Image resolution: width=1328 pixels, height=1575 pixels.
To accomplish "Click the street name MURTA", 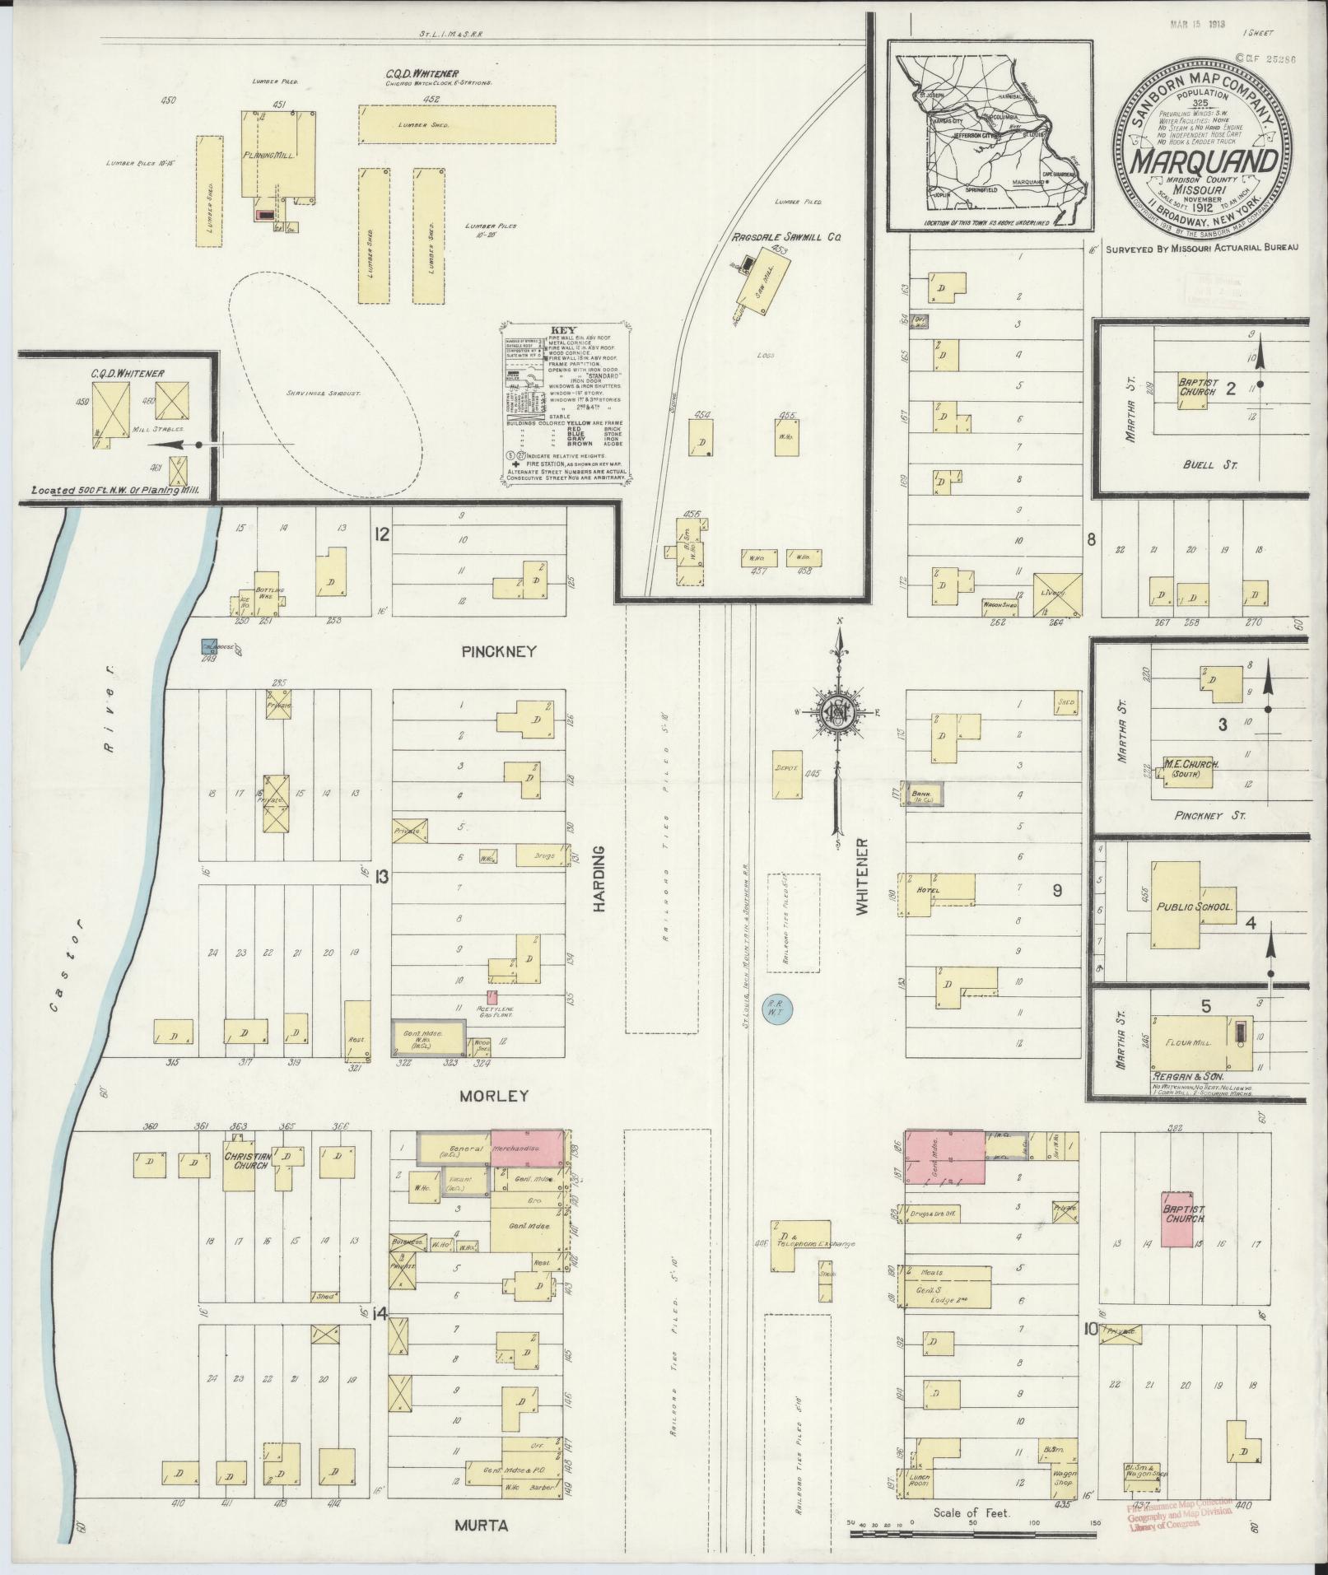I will pyautogui.click(x=482, y=1526).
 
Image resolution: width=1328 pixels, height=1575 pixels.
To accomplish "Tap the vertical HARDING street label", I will pyautogui.click(x=599, y=878).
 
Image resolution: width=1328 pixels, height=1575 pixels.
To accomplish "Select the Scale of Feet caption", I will pyautogui.click(x=971, y=1512).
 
